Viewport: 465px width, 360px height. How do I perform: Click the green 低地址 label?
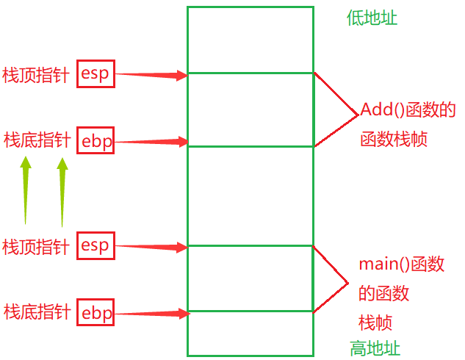click(372, 18)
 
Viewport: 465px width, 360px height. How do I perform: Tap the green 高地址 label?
click(375, 348)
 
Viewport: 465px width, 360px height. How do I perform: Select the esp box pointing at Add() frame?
click(95, 73)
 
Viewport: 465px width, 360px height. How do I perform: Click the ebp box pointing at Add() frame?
click(96, 141)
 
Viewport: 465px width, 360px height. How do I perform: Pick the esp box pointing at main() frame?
click(95, 246)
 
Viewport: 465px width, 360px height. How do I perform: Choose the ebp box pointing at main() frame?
click(96, 313)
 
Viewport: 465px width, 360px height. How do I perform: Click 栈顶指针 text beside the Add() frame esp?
click(36, 74)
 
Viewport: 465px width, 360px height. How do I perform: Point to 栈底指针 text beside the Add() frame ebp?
click(37, 140)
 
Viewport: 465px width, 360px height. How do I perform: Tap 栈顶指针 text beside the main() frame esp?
click(36, 246)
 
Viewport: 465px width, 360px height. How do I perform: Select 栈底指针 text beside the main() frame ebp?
click(37, 312)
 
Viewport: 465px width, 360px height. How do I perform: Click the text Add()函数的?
click(408, 110)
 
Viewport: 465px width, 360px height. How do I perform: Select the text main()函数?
click(401, 264)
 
